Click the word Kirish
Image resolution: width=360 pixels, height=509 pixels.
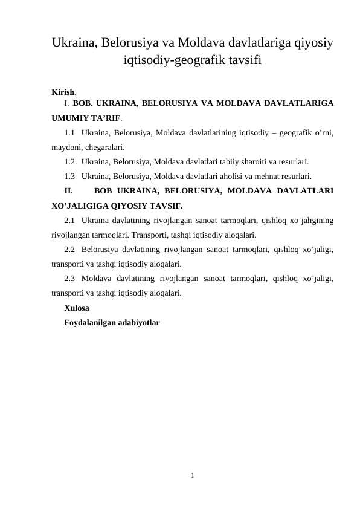pyautogui.click(x=63, y=92)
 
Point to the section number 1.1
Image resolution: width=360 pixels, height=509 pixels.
pyautogui.click(x=70, y=132)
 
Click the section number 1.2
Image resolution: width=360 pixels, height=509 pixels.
pyautogui.click(x=70, y=161)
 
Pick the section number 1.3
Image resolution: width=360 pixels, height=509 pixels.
pyautogui.click(x=70, y=176)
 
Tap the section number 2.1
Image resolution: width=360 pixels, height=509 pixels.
pyautogui.click(x=70, y=220)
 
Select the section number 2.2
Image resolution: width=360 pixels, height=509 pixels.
pyautogui.click(x=70, y=249)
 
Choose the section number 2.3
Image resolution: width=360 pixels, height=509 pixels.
pyautogui.click(x=70, y=279)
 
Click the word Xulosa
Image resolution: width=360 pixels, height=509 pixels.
pyautogui.click(x=77, y=308)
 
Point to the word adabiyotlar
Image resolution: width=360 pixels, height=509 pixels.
pyautogui.click(x=141, y=323)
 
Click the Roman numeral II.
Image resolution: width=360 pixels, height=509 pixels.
pyautogui.click(x=68, y=191)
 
